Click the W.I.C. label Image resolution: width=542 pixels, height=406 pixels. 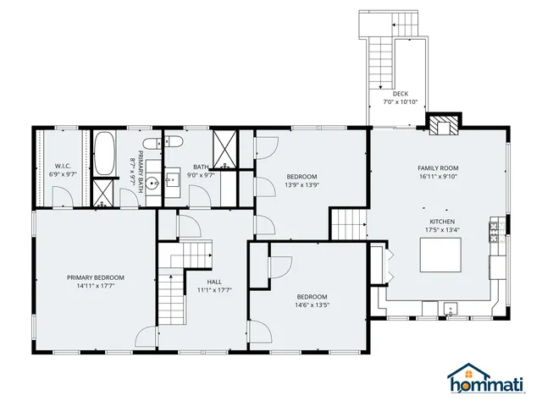point(62,166)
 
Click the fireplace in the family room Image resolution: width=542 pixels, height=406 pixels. point(440,126)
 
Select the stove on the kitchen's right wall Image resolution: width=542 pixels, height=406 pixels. point(494,231)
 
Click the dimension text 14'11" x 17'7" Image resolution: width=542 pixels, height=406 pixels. point(96,286)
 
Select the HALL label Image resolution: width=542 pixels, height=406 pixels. point(214,282)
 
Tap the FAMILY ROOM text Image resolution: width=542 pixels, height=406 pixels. point(437,168)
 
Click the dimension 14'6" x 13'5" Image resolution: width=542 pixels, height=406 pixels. point(311,304)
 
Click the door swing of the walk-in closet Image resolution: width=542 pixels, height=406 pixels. point(61,196)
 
